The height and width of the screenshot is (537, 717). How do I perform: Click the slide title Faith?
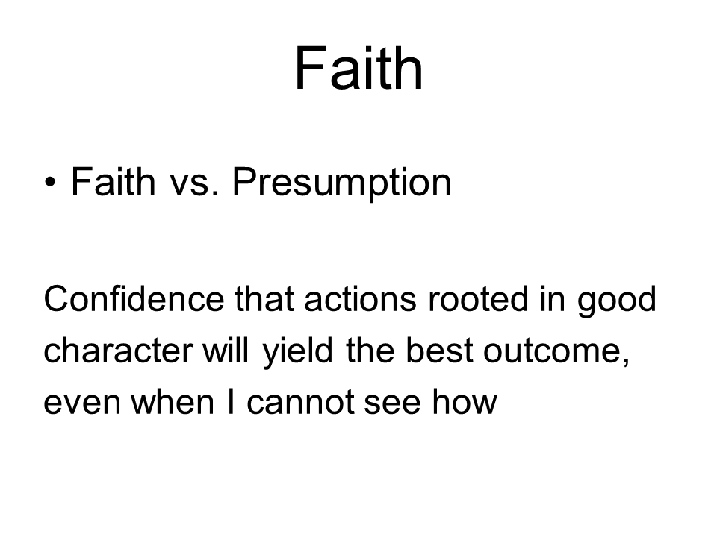(x=359, y=69)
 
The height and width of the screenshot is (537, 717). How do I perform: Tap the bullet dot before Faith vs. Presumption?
(x=51, y=183)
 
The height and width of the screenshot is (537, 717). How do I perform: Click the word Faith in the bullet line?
(x=114, y=182)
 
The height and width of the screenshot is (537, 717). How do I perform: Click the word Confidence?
(x=134, y=298)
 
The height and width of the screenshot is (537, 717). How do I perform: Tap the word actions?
(x=360, y=300)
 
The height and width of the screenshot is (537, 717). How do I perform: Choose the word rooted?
(x=478, y=298)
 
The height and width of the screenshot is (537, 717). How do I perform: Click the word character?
(x=119, y=351)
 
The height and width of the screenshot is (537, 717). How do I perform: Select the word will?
(x=226, y=350)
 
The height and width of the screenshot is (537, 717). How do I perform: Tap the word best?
(x=439, y=350)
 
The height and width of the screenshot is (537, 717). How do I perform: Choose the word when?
(x=173, y=402)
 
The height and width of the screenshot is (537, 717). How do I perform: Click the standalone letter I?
(x=231, y=402)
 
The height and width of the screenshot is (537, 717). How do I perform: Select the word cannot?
(x=300, y=403)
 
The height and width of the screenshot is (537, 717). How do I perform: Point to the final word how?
(x=465, y=402)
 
